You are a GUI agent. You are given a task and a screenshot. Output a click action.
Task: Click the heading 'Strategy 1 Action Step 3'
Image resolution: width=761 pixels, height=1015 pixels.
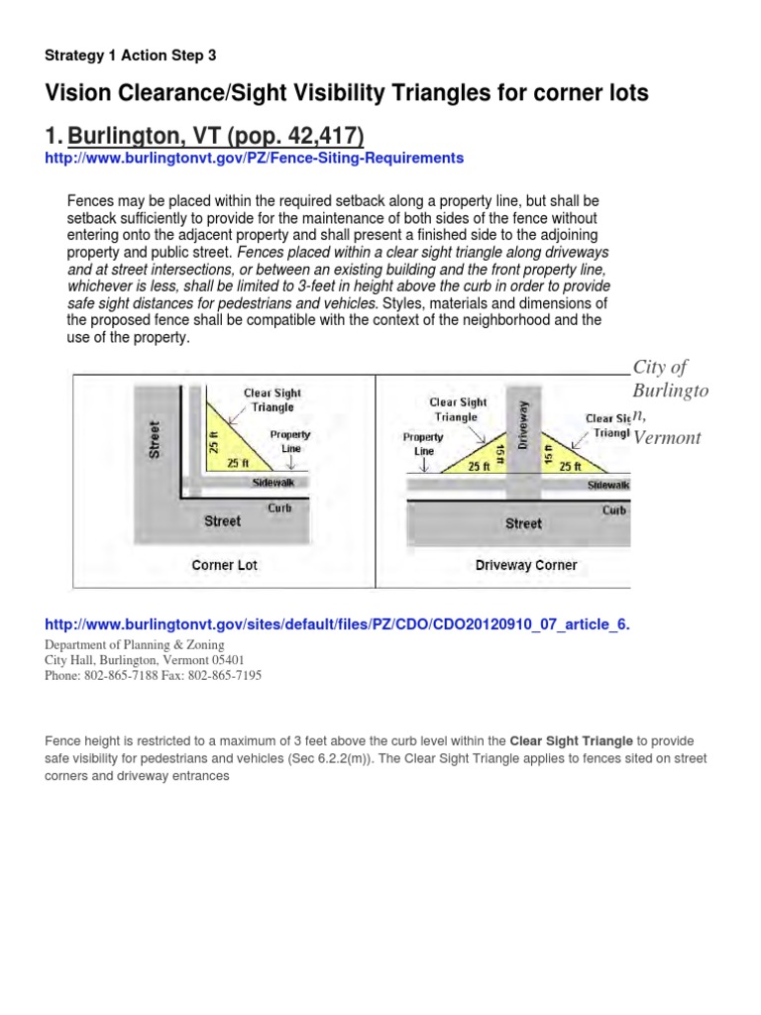coord(131,56)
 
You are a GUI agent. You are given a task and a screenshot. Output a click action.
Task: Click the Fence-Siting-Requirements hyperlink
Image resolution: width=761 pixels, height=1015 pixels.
coord(255,158)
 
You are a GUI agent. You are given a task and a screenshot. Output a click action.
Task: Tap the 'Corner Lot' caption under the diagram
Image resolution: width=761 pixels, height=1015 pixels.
coord(225,565)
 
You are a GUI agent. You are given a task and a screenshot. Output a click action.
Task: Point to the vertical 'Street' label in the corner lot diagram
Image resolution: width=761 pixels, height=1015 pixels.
coord(155,440)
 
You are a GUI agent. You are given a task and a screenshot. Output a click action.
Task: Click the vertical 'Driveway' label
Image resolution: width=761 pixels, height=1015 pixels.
coord(524,421)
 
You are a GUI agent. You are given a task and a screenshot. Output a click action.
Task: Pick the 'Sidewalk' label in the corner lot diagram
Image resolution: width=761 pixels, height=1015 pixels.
coord(274,483)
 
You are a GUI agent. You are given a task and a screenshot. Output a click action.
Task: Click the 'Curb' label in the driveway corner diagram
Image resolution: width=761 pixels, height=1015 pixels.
coord(614,510)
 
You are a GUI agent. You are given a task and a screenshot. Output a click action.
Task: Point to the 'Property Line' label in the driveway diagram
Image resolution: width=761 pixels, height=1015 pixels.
coord(423,442)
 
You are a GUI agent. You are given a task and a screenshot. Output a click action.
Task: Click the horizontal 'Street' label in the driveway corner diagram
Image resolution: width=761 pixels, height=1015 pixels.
coord(523,523)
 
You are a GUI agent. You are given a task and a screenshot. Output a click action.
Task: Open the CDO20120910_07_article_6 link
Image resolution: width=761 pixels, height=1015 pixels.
coord(338,624)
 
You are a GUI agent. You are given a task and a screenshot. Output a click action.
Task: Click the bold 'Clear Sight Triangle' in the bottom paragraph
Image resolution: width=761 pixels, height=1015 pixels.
coord(570,740)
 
